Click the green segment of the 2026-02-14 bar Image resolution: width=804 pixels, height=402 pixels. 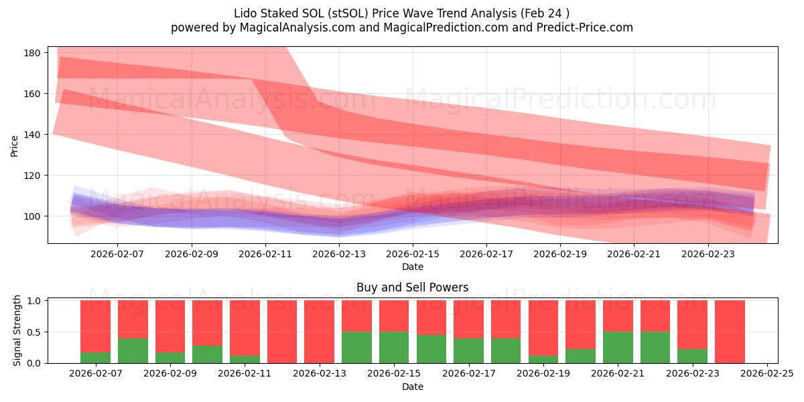356,347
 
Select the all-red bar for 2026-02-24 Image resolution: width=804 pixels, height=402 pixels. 730,332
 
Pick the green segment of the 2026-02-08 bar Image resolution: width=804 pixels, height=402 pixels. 133,350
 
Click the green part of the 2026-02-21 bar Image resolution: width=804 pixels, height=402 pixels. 618,347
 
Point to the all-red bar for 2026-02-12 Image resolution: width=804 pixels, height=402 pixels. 282,332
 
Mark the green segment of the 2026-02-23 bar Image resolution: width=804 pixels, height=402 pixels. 692,356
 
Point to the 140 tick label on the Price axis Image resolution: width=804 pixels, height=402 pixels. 34,135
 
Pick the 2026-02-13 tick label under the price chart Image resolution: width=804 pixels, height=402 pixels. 339,254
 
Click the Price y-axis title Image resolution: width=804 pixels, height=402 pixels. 15,145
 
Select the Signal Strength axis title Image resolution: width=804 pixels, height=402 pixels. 17,330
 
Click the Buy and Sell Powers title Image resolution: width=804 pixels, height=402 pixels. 412,287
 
